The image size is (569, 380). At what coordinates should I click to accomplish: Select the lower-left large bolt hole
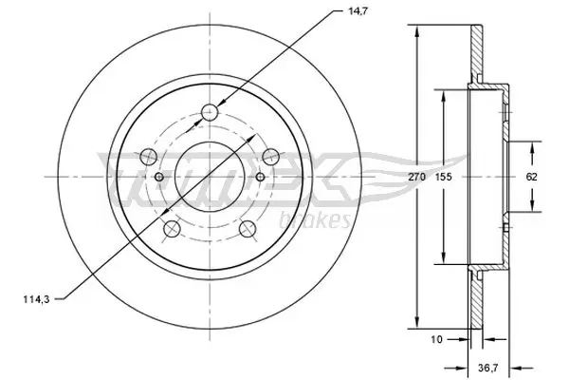point(172,228)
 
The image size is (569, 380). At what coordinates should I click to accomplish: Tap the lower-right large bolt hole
point(247,228)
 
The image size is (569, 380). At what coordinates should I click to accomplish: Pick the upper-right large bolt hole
point(269,156)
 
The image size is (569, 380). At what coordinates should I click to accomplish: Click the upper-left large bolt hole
point(148,156)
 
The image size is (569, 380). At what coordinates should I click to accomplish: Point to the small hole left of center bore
point(158,177)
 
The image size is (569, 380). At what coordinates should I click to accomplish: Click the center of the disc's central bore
point(210,178)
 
